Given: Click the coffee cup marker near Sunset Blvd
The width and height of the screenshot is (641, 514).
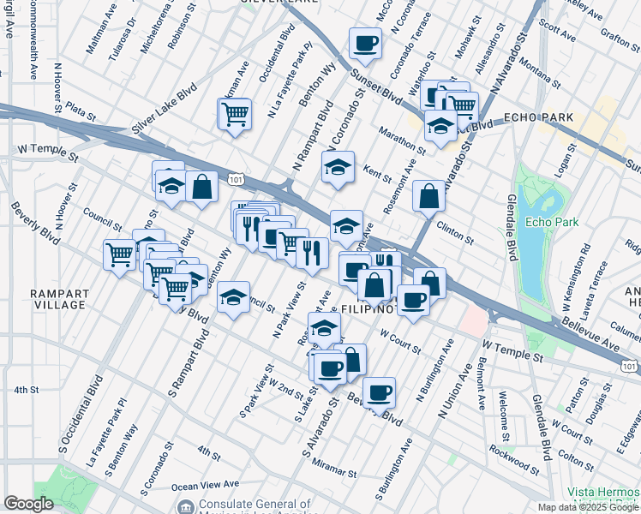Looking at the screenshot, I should [x=365, y=44].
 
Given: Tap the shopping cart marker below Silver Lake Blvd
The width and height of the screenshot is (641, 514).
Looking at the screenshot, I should [x=234, y=113].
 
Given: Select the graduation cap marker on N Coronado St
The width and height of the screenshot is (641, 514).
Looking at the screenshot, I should [x=338, y=167].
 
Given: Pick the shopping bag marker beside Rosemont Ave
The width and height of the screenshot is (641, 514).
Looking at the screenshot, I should [x=428, y=196].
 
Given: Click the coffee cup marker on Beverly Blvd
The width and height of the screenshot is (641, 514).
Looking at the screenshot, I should [x=379, y=393].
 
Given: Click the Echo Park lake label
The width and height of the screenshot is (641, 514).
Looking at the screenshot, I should [x=552, y=223].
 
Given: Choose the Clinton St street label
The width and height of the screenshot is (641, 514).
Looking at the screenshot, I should [x=455, y=232].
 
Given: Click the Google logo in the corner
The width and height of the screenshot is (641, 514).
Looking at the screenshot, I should [x=28, y=504].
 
